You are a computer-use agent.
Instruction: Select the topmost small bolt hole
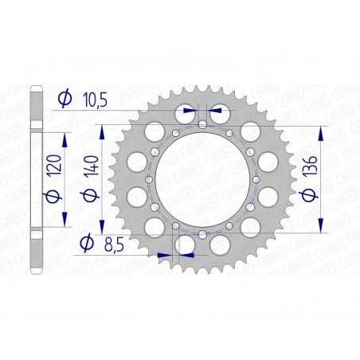[204, 124]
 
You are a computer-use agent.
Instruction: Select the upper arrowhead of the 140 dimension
[102, 127]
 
